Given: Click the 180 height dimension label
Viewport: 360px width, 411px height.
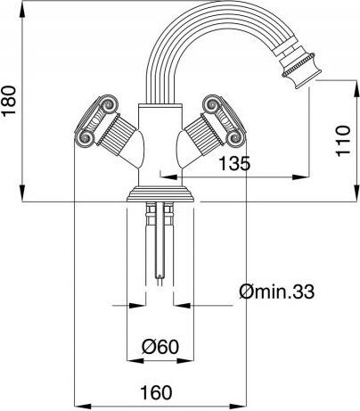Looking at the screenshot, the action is [9, 101].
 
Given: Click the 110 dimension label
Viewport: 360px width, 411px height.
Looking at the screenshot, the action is [343, 140].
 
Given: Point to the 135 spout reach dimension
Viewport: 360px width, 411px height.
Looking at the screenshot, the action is [234, 163].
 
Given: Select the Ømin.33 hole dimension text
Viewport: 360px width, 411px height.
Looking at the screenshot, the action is [276, 292].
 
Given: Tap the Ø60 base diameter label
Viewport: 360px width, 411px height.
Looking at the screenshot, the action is [160, 347].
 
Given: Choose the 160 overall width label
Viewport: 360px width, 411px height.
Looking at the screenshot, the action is [156, 392].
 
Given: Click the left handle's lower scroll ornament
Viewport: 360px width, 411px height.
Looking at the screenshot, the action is [85, 138].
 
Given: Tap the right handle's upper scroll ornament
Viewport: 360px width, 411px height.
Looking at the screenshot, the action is [212, 104].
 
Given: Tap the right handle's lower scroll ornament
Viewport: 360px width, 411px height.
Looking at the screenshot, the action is [235, 138].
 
